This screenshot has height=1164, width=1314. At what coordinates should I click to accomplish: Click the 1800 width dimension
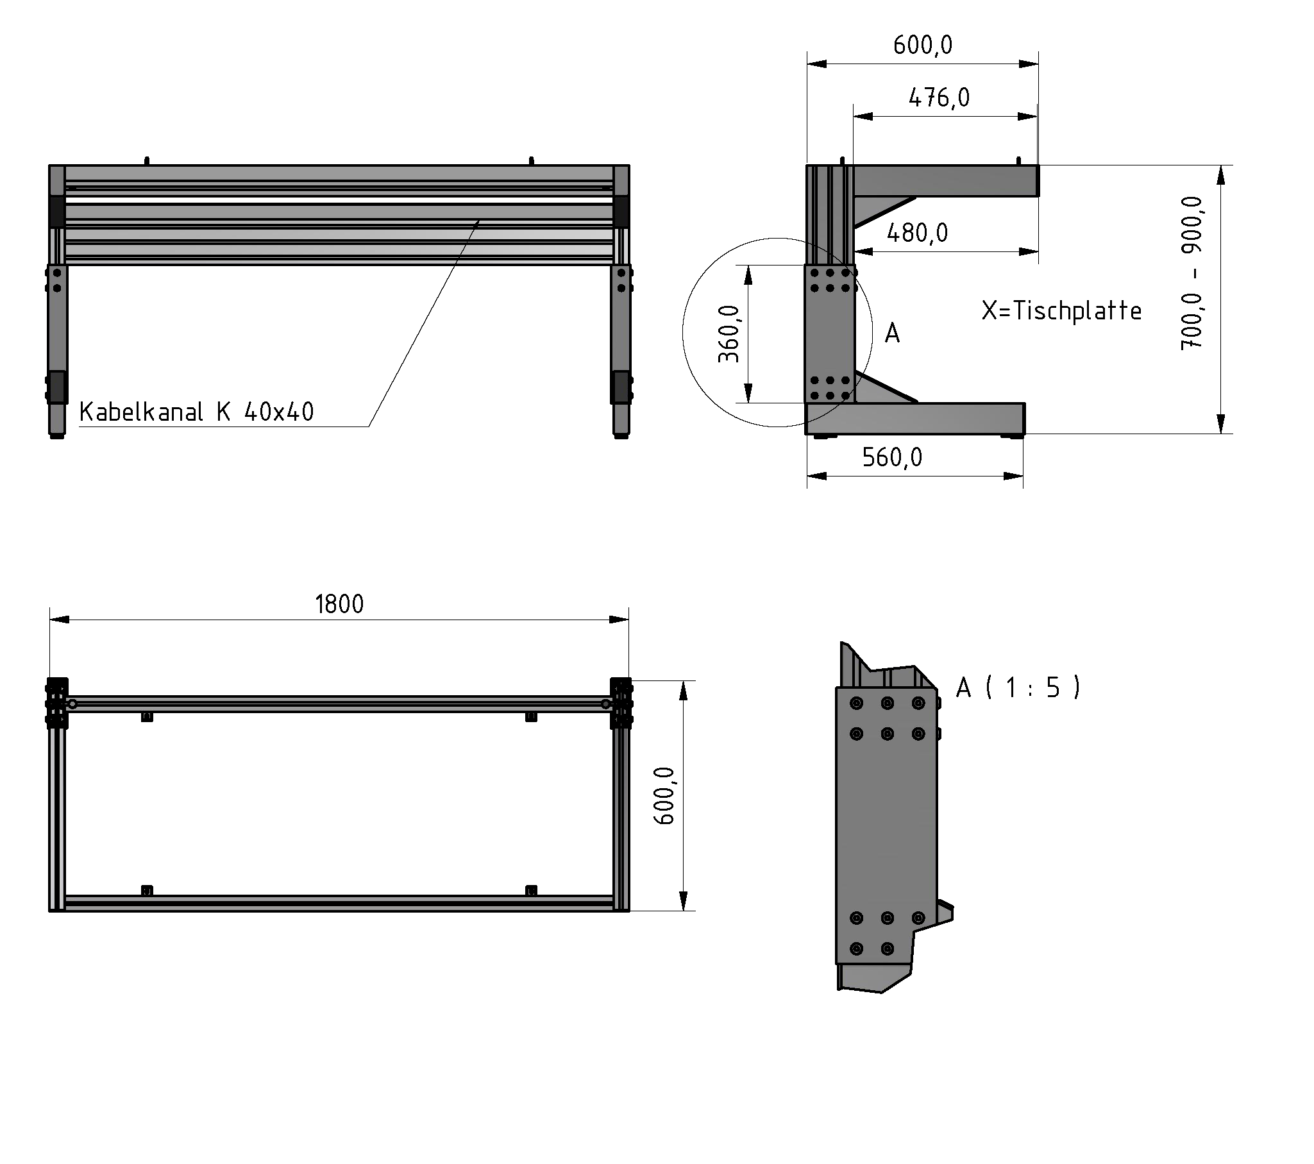pos(339,605)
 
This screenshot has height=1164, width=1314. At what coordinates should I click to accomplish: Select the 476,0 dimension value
pos(939,98)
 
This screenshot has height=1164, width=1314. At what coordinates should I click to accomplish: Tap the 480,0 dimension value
pos(916,233)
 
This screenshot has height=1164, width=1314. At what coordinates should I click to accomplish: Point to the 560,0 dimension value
pos(891,458)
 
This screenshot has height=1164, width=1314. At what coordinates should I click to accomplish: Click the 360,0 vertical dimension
pos(729,333)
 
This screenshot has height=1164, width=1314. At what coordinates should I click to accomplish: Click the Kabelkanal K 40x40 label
pos(196,412)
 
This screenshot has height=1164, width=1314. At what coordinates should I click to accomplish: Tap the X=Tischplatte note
pos(1061,311)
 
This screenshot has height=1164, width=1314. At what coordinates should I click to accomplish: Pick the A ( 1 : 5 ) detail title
pos(1018,688)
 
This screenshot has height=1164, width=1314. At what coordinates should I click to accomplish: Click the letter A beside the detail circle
pos(892,333)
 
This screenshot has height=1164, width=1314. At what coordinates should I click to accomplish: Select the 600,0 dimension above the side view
pos(923,46)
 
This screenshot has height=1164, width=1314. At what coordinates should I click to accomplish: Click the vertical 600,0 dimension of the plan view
pos(664,796)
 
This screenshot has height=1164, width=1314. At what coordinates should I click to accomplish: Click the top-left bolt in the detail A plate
pos(856,704)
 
